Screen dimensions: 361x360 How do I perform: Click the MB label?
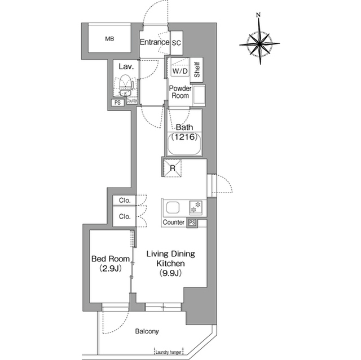click(x=109, y=39)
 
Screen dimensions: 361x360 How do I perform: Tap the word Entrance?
click(x=155, y=42)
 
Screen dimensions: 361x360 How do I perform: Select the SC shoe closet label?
click(x=177, y=43)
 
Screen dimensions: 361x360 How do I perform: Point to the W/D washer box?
click(x=180, y=71)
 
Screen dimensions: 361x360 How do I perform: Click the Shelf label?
click(x=197, y=70)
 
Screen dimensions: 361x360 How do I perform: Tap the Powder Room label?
click(x=180, y=92)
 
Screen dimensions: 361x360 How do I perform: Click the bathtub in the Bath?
click(x=184, y=144)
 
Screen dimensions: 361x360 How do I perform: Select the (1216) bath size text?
click(x=184, y=137)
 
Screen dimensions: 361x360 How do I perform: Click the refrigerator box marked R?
click(x=172, y=168)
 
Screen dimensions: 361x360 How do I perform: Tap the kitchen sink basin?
click(x=173, y=207)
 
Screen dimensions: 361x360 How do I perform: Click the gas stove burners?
click(x=196, y=207)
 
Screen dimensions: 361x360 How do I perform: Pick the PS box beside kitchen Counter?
click(x=192, y=223)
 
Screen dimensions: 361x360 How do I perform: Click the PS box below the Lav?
click(x=118, y=103)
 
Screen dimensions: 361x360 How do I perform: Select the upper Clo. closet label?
click(x=125, y=201)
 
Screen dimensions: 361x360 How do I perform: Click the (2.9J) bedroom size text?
click(x=111, y=269)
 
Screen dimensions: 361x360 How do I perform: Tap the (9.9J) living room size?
click(x=171, y=273)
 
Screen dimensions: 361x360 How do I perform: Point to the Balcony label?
click(x=147, y=331)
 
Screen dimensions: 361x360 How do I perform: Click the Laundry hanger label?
click(x=169, y=352)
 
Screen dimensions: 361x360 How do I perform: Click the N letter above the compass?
click(x=258, y=15)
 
